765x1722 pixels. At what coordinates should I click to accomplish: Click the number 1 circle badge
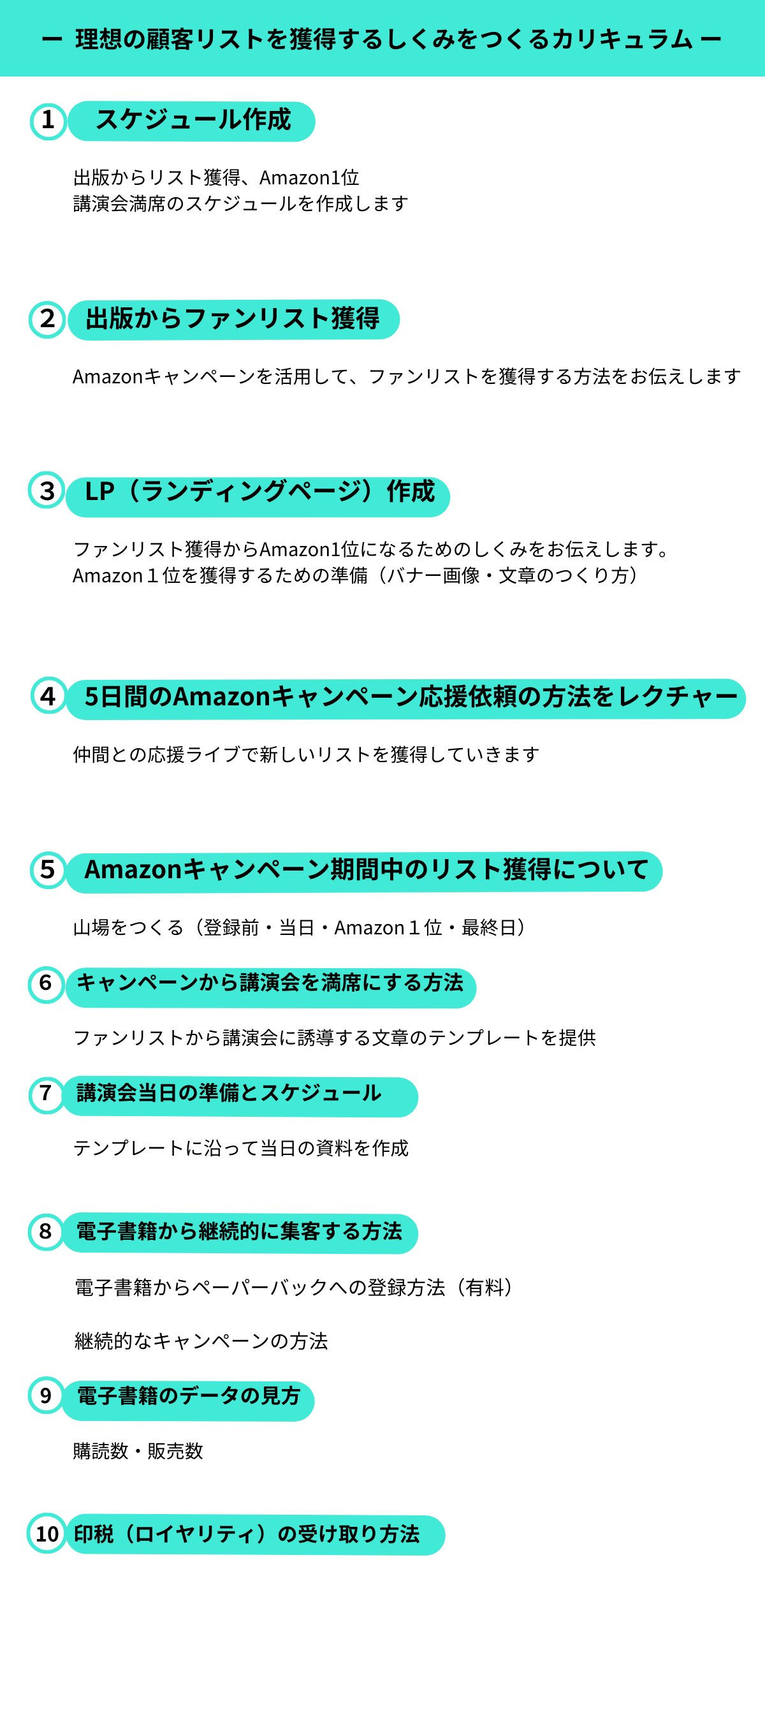(48, 121)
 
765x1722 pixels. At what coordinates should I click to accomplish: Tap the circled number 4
(48, 695)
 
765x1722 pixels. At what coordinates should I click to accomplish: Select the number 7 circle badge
(46, 1094)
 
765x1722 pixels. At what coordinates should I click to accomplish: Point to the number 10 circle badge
(47, 1533)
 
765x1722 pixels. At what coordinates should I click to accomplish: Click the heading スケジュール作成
(193, 120)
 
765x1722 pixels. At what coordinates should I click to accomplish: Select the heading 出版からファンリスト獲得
(233, 318)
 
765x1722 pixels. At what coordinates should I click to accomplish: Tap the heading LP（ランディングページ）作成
(260, 491)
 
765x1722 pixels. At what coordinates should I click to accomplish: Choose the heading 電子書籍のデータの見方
(189, 1396)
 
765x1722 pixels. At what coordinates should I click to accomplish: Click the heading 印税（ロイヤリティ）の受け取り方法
(247, 1533)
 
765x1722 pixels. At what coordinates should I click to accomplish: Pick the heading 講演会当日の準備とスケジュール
(229, 1093)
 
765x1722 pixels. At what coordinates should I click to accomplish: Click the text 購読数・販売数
(138, 1450)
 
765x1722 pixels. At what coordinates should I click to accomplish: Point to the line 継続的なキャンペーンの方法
(201, 1341)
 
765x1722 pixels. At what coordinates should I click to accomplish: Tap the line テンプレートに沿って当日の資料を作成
(240, 1148)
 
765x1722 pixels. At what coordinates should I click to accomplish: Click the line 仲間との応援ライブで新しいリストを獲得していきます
(306, 754)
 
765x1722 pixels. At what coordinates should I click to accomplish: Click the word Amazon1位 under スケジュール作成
(309, 178)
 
